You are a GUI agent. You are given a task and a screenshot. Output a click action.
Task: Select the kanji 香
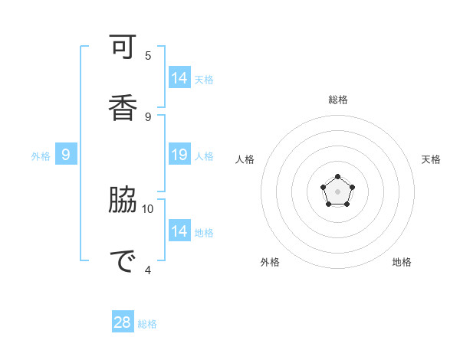(x=123, y=104)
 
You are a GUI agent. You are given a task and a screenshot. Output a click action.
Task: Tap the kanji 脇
(x=123, y=201)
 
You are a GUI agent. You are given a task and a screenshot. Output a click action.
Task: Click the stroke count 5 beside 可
(x=148, y=55)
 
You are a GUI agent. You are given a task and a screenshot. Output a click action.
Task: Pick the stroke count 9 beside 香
(x=148, y=116)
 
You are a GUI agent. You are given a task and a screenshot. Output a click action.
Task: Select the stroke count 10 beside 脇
(x=148, y=208)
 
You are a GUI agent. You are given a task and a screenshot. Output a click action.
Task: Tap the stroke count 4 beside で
(x=148, y=270)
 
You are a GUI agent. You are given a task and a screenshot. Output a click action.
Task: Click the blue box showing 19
(x=179, y=155)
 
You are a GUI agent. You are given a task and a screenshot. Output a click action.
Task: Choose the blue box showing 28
(x=123, y=322)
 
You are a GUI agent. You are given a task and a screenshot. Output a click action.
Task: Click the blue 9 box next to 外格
(x=66, y=155)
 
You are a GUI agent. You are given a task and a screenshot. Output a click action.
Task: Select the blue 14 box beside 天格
(x=179, y=78)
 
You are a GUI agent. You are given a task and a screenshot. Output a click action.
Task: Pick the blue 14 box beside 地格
(x=179, y=231)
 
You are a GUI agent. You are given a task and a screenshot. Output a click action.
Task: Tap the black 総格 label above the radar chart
(x=338, y=100)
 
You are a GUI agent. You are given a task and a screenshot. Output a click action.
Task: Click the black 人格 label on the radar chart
(x=245, y=159)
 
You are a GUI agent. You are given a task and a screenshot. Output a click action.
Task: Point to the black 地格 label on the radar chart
(x=402, y=262)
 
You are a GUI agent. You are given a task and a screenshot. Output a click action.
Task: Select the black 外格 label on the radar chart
(x=270, y=262)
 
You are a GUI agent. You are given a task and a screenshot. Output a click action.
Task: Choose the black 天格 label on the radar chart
(x=431, y=159)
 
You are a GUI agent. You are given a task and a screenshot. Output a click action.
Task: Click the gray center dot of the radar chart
(x=338, y=191)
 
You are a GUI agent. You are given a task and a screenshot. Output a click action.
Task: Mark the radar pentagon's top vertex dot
(x=338, y=177)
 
